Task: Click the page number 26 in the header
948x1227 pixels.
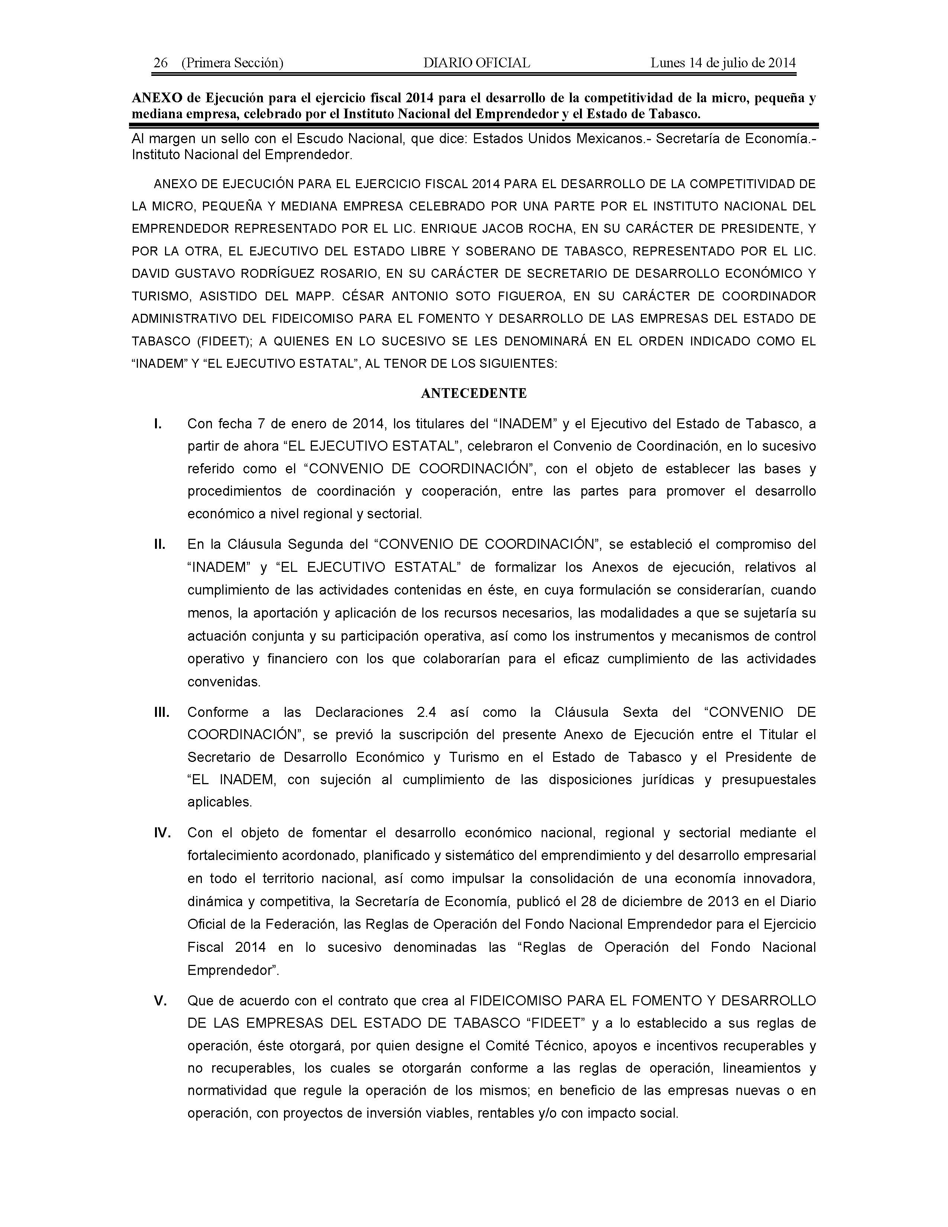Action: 161,63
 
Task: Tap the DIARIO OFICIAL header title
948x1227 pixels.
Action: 476,63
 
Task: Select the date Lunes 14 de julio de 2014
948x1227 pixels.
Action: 723,63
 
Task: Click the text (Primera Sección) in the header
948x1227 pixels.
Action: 232,63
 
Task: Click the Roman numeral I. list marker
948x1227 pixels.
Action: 158,424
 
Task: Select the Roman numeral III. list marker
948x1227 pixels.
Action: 162,712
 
